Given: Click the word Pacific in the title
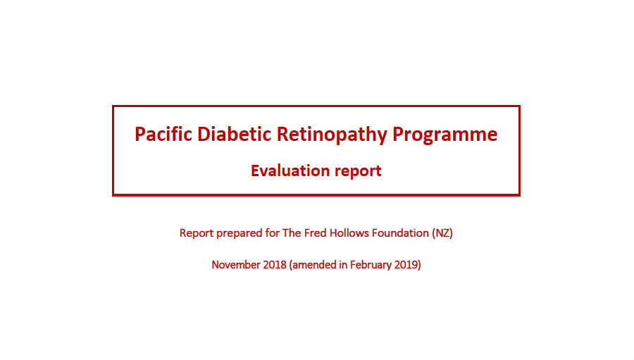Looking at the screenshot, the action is pyautogui.click(x=163, y=134).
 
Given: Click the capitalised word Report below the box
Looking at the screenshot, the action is pyautogui.click(x=197, y=233).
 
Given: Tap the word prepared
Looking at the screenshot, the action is pyautogui.click(x=240, y=234).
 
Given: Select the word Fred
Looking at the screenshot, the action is pyautogui.click(x=316, y=233).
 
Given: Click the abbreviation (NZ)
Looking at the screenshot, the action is pyautogui.click(x=442, y=233).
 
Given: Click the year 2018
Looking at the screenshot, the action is pyautogui.click(x=275, y=264).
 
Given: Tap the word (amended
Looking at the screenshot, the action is pyautogui.click(x=313, y=265).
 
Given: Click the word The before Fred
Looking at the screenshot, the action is pyautogui.click(x=292, y=233).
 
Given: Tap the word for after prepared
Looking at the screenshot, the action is pyautogui.click(x=273, y=233).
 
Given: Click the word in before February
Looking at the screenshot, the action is pyautogui.click(x=343, y=264).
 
